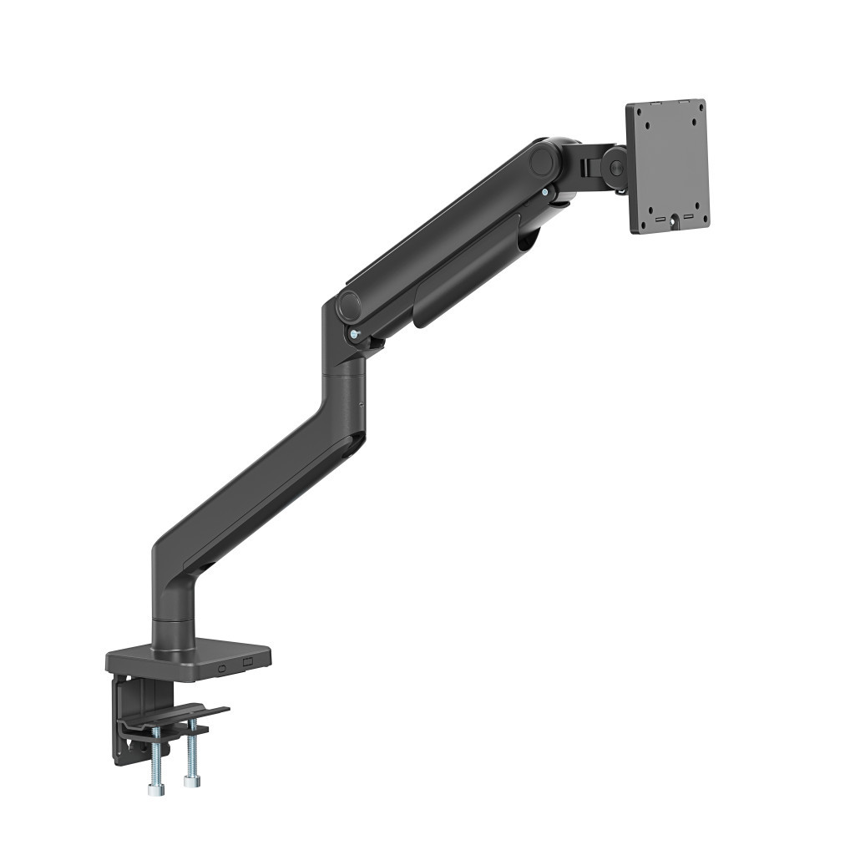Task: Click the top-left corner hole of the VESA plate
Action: [640, 118]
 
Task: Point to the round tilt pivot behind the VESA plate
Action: [616, 168]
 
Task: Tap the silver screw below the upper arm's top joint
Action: [545, 193]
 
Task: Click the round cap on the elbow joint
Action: [348, 306]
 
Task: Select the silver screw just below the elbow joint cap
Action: [356, 336]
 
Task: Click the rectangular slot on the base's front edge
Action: [246, 661]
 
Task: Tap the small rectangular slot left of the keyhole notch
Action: [660, 220]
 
